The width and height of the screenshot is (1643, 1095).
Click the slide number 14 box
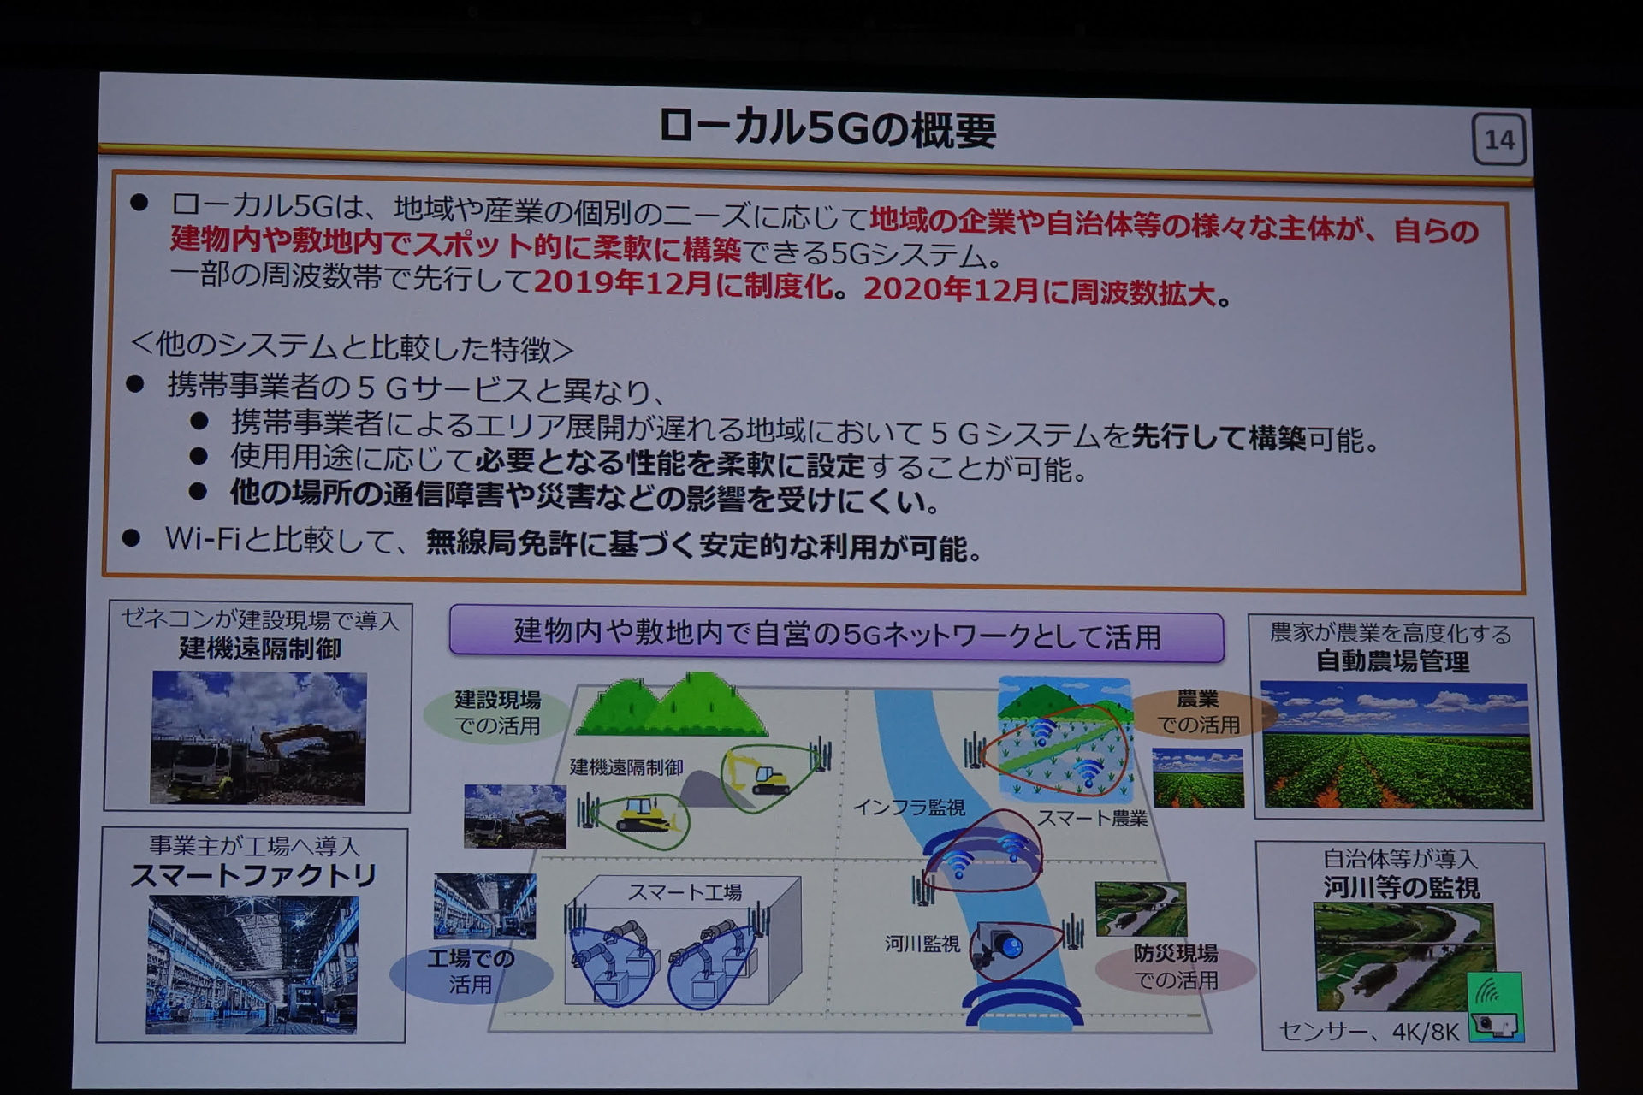[1499, 139]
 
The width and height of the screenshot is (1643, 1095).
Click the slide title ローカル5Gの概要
[827, 129]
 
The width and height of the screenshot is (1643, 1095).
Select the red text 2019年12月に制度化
[684, 283]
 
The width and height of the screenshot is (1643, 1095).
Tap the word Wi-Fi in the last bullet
[204, 538]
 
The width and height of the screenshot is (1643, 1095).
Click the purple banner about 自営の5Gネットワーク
[836, 634]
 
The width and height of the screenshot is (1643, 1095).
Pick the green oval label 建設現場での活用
[497, 713]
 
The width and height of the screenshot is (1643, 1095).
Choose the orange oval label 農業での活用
[1198, 713]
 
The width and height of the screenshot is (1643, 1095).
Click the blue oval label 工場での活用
[471, 972]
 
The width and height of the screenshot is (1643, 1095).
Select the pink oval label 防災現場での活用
[1176, 967]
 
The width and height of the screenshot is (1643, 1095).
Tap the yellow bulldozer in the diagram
[647, 816]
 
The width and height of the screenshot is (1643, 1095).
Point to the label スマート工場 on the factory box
[685, 892]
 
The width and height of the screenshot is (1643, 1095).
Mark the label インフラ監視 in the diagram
[909, 807]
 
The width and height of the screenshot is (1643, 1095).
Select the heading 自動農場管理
[1392, 661]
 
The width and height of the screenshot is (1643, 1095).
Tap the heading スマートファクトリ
[253, 875]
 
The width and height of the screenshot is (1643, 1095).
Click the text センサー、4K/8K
[1368, 1032]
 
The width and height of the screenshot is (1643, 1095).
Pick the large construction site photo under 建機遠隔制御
[258, 737]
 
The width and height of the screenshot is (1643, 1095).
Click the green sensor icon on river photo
[1495, 1006]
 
